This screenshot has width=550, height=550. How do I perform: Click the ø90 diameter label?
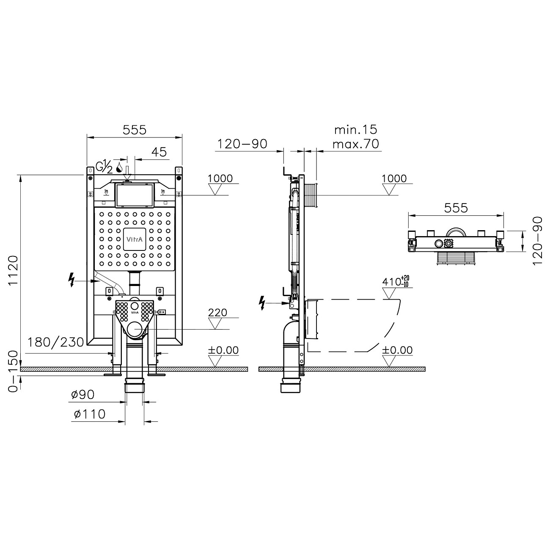coord(82,395)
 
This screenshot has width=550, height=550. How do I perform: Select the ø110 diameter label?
coord(89,414)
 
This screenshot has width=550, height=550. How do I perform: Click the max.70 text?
coord(355,144)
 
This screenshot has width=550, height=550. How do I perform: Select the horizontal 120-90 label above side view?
coord(242,144)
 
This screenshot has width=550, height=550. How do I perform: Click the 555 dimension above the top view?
coord(456,208)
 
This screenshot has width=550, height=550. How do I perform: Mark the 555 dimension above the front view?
coord(134,129)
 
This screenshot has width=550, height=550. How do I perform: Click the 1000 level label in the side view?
coord(394,179)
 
